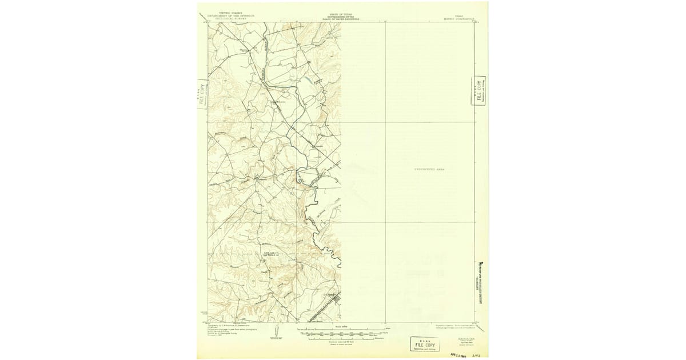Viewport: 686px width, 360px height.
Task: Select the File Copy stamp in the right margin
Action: pyautogui.click(x=480, y=90)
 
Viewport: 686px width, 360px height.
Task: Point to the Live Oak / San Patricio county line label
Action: pyautogui.click(x=269, y=253)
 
